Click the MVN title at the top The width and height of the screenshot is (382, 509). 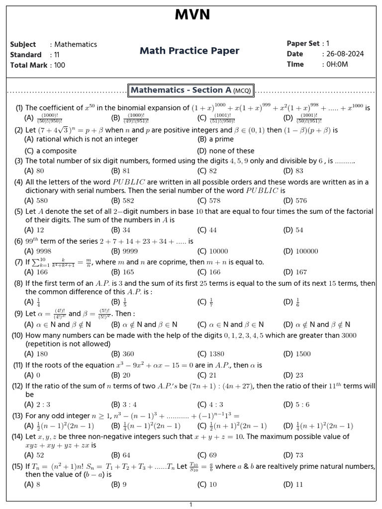pos(192,15)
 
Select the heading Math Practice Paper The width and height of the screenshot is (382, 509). pos(190,51)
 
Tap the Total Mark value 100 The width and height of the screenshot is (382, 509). pos(60,65)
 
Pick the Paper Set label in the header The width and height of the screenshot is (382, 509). pos(303,43)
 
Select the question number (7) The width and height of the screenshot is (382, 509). pos(18,262)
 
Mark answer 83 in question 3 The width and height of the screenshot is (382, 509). pos(299,171)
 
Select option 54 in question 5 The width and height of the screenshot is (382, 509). pos(299,230)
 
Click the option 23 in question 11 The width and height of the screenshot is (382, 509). pos(299,375)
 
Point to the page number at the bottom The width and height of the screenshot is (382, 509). pos(191,505)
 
